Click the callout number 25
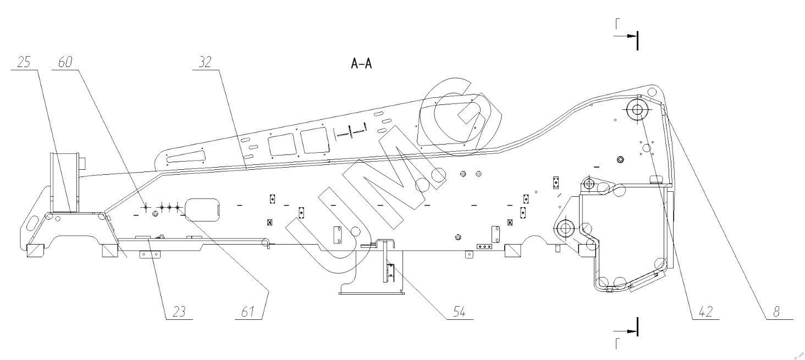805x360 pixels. [x=23, y=62]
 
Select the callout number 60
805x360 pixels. [x=64, y=62]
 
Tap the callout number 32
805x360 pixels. [x=205, y=62]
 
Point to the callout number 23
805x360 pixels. [x=175, y=312]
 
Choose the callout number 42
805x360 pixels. [x=705, y=312]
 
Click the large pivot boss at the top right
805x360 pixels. [x=638, y=109]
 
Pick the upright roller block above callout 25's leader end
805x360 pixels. [x=65, y=181]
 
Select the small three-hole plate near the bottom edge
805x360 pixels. [x=484, y=247]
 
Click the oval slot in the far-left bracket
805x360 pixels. [x=31, y=225]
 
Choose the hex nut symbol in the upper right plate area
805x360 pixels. [x=621, y=159]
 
